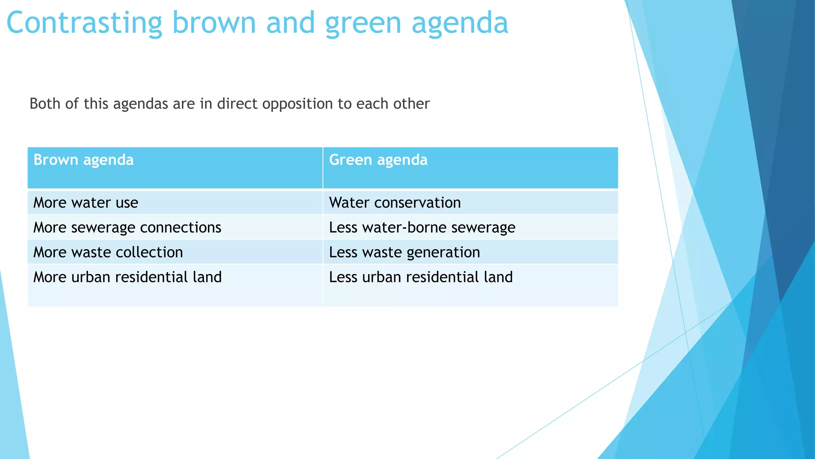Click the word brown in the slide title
[x=214, y=23]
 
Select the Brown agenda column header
[x=84, y=160]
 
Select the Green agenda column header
[x=378, y=160]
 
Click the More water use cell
[x=86, y=203]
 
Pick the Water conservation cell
[x=395, y=203]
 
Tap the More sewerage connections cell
[x=127, y=228]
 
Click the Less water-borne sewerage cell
[x=422, y=228]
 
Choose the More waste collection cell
[x=108, y=252]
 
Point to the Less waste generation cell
[x=404, y=252]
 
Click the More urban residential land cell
[x=127, y=277]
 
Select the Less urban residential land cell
[x=421, y=277]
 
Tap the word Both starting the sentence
[x=45, y=104]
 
